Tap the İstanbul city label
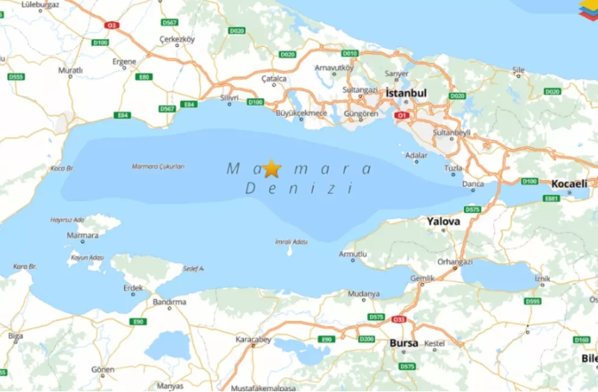tap(407, 93)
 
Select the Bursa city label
tap(404, 343)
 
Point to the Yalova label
tap(444, 221)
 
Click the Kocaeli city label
tap(570, 183)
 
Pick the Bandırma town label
tap(169, 302)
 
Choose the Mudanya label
tap(364, 294)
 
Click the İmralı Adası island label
tap(291, 242)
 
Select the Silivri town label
tap(229, 98)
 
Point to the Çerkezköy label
tap(177, 39)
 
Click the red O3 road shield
tap(112, 25)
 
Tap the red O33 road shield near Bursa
tap(398, 319)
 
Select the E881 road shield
tap(552, 198)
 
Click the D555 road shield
tap(16, 76)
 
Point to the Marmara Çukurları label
tap(158, 167)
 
